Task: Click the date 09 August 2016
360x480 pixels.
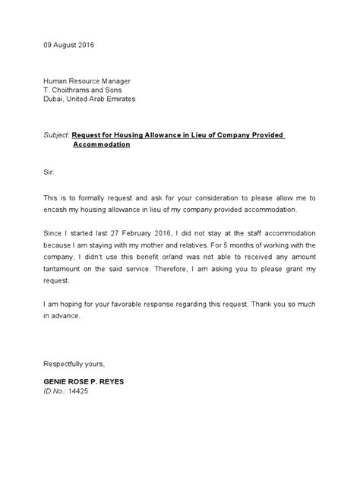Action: coord(69,46)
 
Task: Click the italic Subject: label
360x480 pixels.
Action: coord(57,134)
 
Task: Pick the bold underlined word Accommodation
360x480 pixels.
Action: coord(101,144)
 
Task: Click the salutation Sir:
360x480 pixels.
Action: coord(48,173)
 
